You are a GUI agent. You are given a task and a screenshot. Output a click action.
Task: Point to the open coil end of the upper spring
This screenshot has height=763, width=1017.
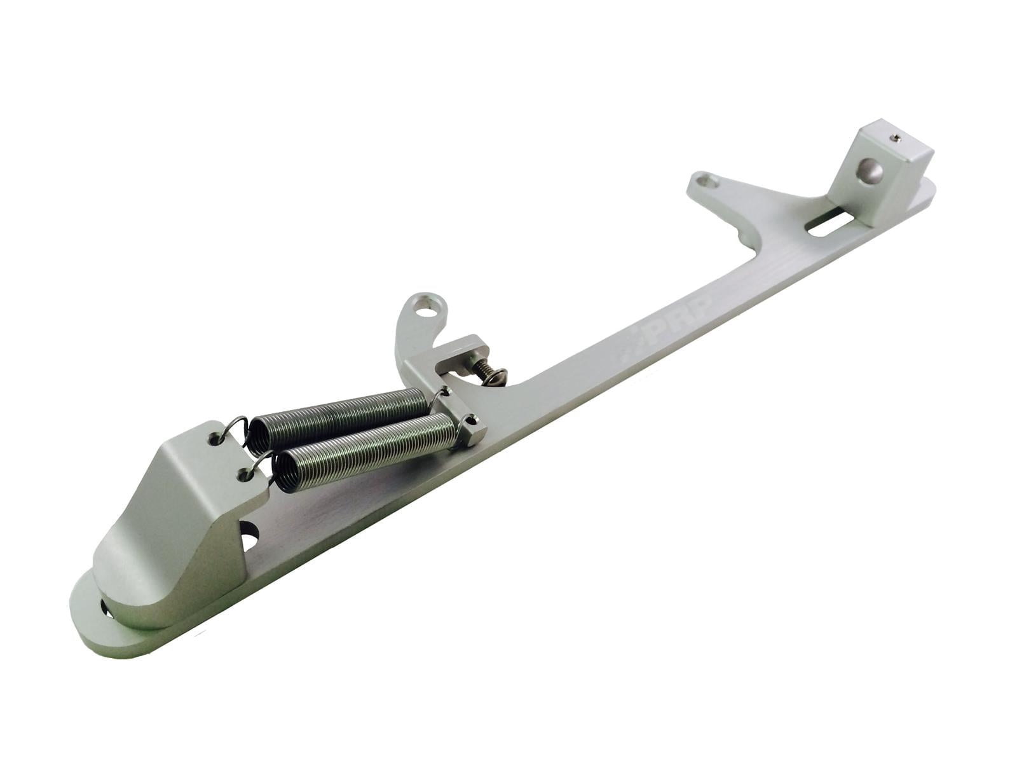click(x=257, y=439)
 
